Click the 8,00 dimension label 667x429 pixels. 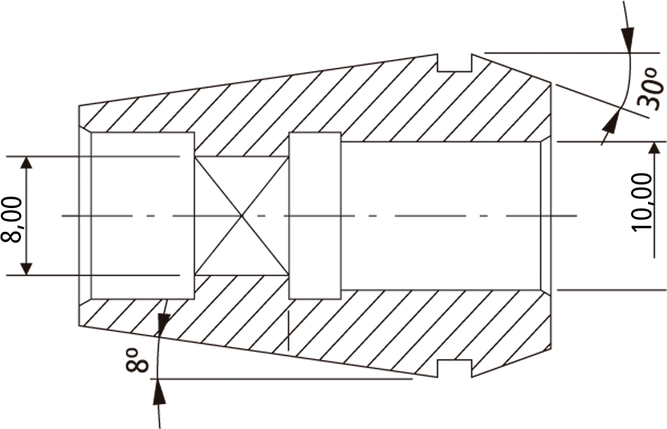point(12,220)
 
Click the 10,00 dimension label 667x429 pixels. point(643,201)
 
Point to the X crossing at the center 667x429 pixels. point(241,216)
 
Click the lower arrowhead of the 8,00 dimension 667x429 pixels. point(26,268)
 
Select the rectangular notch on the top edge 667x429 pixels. point(455,62)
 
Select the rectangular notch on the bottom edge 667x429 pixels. point(455,368)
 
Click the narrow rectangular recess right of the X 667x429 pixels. point(315,216)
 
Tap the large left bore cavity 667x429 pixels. point(142,216)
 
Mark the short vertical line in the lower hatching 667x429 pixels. point(288,331)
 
